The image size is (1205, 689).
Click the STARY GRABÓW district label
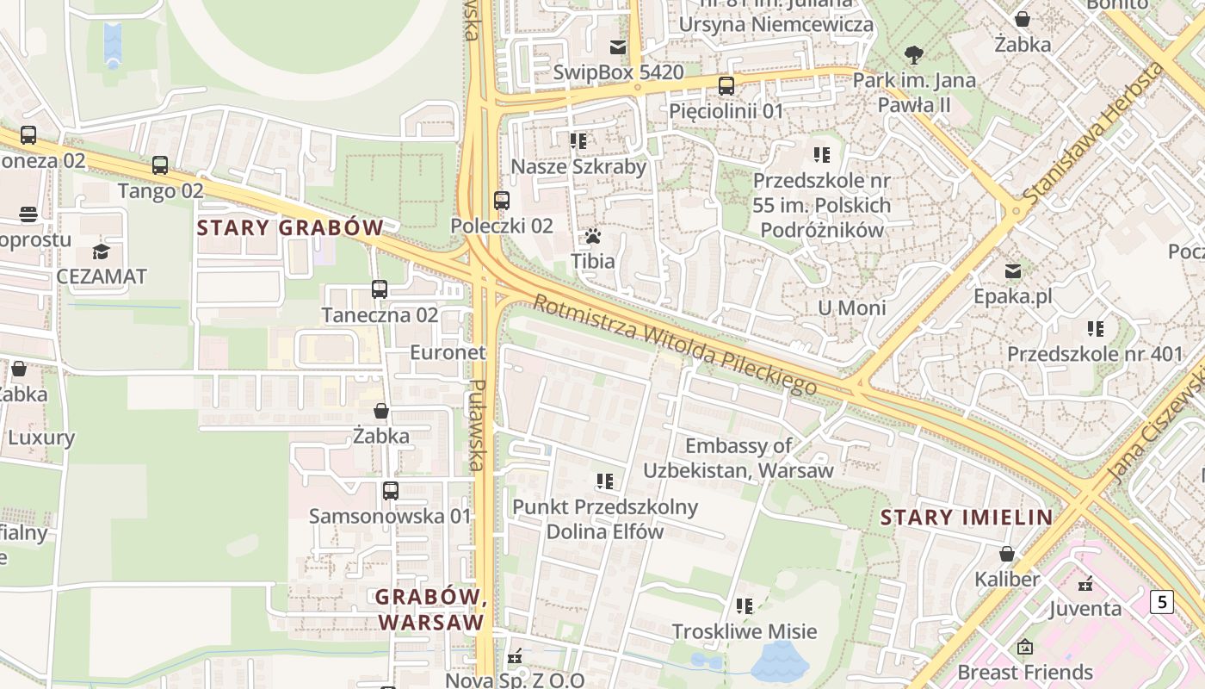pos(290,228)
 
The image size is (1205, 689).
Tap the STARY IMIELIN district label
pos(967,518)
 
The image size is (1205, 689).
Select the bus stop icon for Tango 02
pos(160,165)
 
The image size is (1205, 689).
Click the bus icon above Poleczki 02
pos(502,201)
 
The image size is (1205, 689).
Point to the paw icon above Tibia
pos(592,236)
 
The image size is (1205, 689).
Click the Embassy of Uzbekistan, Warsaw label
pos(738,458)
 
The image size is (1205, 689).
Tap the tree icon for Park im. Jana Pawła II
pos(914,56)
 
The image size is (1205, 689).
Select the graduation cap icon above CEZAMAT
pos(102,252)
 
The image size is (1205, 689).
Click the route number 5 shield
pos(1161,601)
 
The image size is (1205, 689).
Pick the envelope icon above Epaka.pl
pos(1013,271)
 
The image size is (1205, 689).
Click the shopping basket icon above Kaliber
pos(1006,554)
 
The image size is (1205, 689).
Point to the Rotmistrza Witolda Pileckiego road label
pos(674,344)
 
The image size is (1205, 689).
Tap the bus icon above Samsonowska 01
pos(391,491)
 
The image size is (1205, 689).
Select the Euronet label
pos(448,352)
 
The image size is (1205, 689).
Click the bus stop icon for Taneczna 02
pos(380,289)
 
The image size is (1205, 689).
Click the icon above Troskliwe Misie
pos(745,606)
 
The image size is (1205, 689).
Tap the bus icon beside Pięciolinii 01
pos(726,86)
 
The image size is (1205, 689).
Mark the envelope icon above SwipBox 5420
pos(618,47)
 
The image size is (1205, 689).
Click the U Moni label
pos(851,308)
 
